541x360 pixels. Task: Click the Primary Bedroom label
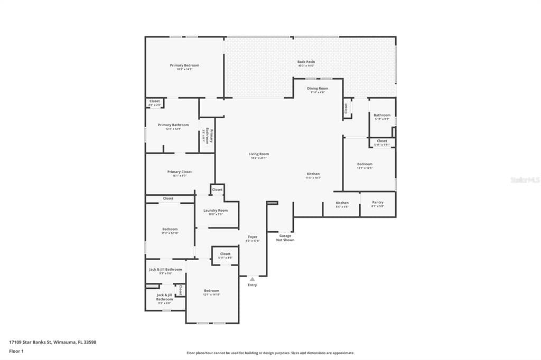click(184, 65)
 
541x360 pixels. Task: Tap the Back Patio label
click(306, 62)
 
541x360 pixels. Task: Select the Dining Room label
click(318, 89)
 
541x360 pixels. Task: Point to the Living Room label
click(259, 154)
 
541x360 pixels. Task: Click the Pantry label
click(377, 203)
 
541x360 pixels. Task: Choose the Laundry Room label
click(215, 211)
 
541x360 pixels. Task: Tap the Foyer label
click(253, 237)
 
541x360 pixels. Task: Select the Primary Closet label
click(179, 172)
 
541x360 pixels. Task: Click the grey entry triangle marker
click(253, 279)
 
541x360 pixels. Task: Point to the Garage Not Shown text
click(285, 238)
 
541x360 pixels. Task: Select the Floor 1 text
click(16, 350)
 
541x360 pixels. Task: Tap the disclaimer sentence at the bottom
click(270, 353)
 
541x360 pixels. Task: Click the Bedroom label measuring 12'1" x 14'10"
click(212, 291)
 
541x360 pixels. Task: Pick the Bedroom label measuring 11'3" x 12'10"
click(170, 230)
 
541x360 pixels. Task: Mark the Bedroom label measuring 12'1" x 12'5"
click(365, 164)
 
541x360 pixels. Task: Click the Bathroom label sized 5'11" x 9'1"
click(382, 115)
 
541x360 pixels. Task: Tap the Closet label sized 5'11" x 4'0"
click(225, 254)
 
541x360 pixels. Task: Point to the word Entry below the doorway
click(253, 285)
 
